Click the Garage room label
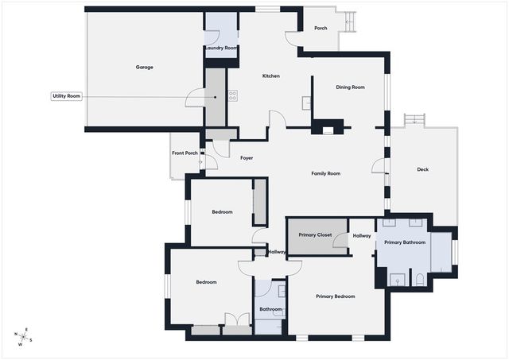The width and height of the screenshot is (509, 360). [x=144, y=67]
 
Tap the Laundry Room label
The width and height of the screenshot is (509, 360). [x=220, y=48]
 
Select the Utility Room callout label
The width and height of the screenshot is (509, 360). [x=67, y=96]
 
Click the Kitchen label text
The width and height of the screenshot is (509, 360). [x=271, y=76]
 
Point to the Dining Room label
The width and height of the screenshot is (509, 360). [x=350, y=87]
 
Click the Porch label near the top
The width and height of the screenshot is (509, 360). [x=321, y=29]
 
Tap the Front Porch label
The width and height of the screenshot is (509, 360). [x=185, y=153]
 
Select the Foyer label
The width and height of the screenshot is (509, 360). [x=247, y=158]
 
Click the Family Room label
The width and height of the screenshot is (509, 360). [x=325, y=173]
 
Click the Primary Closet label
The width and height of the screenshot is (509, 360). [x=314, y=235]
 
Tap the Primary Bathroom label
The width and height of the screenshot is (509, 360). [x=404, y=242]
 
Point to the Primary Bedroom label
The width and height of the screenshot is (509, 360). [x=335, y=296]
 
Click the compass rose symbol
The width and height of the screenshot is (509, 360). [x=24, y=338]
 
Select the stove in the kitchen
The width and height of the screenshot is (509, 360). [x=232, y=96]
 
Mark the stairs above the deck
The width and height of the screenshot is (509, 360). [x=415, y=120]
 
